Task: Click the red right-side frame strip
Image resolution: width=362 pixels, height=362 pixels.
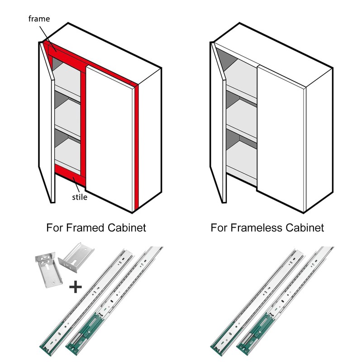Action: click(136, 145)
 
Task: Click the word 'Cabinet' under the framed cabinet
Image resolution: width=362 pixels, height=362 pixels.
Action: click(129, 227)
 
